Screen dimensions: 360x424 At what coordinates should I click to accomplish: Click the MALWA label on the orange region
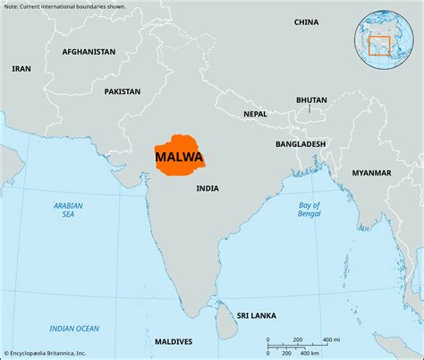[179, 159]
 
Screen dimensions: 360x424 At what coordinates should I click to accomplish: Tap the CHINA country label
[306, 21]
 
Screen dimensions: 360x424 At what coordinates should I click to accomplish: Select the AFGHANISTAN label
[89, 52]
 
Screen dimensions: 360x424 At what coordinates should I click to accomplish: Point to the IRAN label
[21, 68]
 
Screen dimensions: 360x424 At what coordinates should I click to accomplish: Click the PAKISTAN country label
[123, 91]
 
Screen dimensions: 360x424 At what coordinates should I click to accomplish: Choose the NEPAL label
[255, 115]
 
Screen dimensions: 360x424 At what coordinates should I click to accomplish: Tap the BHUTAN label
[312, 100]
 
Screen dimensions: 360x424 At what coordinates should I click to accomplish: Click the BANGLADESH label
[301, 143]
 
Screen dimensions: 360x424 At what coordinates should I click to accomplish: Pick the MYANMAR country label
[371, 172]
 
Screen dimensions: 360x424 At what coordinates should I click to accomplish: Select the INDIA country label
[208, 188]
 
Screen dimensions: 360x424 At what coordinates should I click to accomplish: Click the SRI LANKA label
[257, 315]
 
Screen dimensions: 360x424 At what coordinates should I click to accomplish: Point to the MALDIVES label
[173, 341]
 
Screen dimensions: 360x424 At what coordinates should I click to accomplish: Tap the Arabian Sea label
[68, 210]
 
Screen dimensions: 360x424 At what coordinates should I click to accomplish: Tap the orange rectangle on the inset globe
[380, 44]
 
